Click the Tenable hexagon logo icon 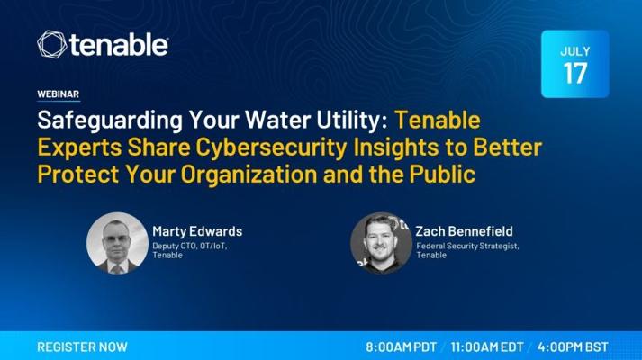click(51, 44)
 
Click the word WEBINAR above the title click(59, 94)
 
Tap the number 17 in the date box click(574, 74)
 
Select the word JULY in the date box click(574, 51)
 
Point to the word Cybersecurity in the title click(271, 148)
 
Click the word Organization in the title click(249, 174)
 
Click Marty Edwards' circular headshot click(117, 243)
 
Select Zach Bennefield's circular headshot click(381, 243)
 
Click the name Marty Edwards click(197, 231)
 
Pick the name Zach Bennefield click(465, 231)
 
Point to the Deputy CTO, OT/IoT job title click(190, 246)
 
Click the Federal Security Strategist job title click(467, 246)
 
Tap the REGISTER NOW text click(82, 346)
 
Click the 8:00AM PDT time click(402, 346)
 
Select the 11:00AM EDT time click(487, 346)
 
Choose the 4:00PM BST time click(573, 346)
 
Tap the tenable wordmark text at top click(119, 45)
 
